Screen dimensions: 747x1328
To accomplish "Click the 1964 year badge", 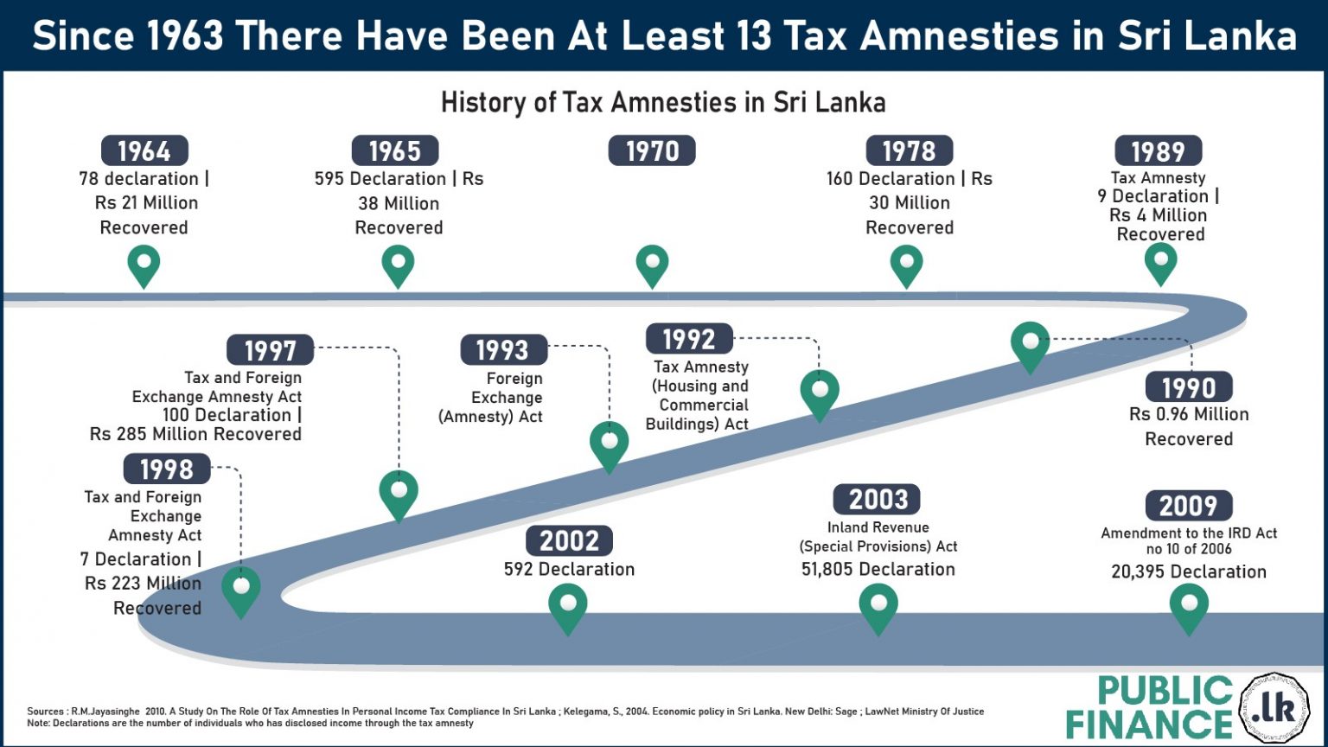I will pos(144,151).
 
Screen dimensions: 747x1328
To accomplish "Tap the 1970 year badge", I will pos(652,151).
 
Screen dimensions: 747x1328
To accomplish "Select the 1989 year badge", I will pos(1158,151).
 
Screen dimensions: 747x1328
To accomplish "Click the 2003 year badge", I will pos(878,500).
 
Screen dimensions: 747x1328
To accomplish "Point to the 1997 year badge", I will pos(270,350).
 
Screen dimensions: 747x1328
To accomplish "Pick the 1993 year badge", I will pos(502,350).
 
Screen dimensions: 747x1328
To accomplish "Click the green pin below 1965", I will pos(398,265).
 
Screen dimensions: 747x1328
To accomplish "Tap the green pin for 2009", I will pos(1189,606).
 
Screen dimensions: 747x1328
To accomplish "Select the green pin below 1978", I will pos(906,265).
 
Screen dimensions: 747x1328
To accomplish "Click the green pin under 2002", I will pos(568,606).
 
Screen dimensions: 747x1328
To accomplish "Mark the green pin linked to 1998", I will pos(241,590).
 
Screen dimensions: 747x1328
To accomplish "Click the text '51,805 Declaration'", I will pos(878,569).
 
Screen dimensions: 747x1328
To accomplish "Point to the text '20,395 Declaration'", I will pos(1189,571).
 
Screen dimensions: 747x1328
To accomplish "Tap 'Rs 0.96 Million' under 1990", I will pos(1189,414).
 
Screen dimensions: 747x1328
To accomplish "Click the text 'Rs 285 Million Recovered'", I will pos(195,434).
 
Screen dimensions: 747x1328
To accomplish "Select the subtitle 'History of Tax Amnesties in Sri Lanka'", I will pos(663,103).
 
